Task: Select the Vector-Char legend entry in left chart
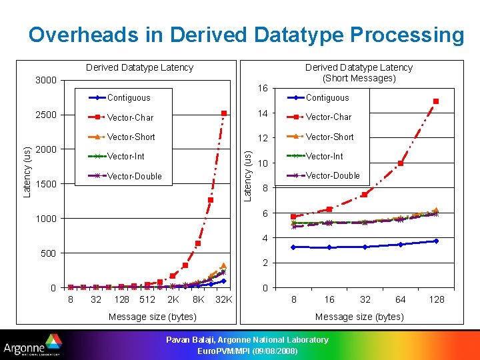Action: pos(130,117)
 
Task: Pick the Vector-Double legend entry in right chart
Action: pos(332,176)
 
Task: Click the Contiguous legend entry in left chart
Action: pos(129,98)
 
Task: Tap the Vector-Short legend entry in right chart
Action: pos(329,137)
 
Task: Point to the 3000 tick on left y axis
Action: pos(45,81)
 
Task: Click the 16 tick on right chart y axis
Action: pos(263,88)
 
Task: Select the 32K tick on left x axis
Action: pos(223,299)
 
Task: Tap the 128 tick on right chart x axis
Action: pos(436,299)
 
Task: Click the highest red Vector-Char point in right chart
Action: pos(436,101)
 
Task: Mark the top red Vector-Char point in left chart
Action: pos(224,113)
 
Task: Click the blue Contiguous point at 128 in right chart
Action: pos(436,241)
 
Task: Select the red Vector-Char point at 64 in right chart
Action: pos(401,163)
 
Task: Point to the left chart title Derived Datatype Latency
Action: pos(139,67)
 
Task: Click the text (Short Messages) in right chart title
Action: pos(359,78)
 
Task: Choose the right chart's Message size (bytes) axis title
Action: pos(359,317)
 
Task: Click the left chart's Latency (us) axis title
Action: pos(27,172)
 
